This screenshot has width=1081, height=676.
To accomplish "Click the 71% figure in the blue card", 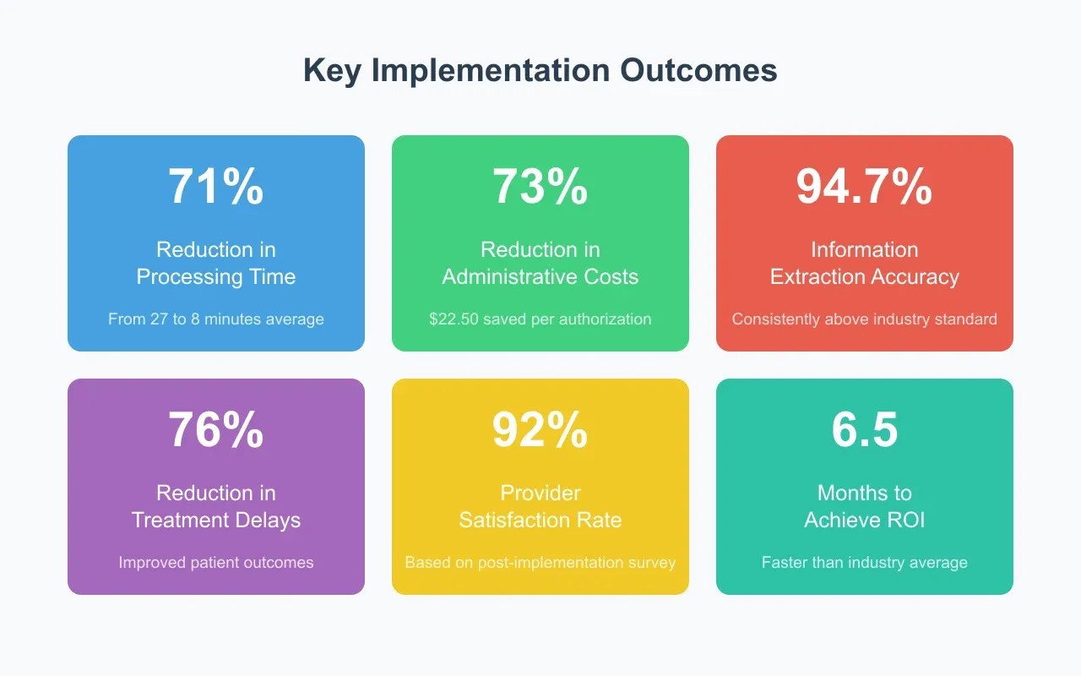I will (216, 187).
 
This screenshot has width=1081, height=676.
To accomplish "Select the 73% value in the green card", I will (540, 187).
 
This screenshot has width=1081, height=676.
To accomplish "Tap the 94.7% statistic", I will (864, 187).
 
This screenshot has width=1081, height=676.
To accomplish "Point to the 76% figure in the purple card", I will (216, 430).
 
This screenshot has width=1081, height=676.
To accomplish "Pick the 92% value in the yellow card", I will (540, 430).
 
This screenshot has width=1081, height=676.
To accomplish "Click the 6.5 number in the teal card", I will (864, 430).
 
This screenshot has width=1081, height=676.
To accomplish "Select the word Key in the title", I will (333, 71).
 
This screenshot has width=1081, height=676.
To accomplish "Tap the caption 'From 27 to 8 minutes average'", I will (216, 319).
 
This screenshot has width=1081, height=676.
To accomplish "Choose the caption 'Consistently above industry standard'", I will (864, 319).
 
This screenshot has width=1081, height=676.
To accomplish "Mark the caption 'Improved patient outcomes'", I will (216, 563).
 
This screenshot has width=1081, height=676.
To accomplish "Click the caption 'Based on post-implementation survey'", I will (540, 563).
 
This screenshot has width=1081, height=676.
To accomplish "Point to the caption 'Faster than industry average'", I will (864, 563).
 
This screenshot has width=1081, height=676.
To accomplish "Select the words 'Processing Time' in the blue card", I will (216, 277).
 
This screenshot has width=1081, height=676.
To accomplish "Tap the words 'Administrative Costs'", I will (540, 277).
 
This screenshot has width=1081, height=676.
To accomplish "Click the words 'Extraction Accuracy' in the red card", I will (864, 277).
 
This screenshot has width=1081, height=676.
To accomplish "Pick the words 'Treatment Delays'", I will (216, 521).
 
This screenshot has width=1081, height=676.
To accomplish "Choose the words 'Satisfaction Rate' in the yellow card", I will (540, 521).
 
